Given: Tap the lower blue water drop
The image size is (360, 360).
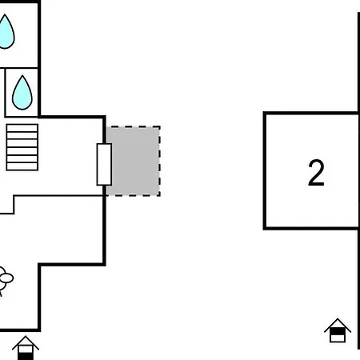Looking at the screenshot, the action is tap(22, 94).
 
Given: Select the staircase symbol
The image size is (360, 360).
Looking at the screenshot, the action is tap(22, 147).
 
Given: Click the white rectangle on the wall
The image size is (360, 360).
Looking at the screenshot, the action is tap(104, 164).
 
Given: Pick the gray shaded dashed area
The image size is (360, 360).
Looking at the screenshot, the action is tap(134, 162).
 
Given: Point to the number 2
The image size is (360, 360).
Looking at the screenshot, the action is tap(316, 173).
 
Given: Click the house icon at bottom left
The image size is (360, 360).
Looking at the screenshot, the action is tap(26, 348).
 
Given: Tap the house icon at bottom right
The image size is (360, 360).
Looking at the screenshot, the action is tap(338, 330).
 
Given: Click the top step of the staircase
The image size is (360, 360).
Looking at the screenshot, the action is tap(22, 128).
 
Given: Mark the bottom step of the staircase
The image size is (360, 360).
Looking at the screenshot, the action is tap(22, 166).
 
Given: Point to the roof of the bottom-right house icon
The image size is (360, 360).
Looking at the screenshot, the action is tap(338, 322).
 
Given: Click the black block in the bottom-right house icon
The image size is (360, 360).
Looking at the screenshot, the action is tap(338, 331).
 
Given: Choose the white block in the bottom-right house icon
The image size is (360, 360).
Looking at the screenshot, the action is tap(338, 338).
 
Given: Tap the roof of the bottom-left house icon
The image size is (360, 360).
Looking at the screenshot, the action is tap(26, 341).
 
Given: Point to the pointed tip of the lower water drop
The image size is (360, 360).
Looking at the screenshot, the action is tap(22, 76).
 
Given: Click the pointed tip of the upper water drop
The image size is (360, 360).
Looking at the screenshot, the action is tap(5, 14).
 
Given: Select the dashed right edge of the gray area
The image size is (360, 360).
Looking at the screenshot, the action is tap(160, 162).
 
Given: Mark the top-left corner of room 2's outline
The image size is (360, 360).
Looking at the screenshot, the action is tap(265, 114).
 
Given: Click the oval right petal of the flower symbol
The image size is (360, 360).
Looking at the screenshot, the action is tap(7, 278).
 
